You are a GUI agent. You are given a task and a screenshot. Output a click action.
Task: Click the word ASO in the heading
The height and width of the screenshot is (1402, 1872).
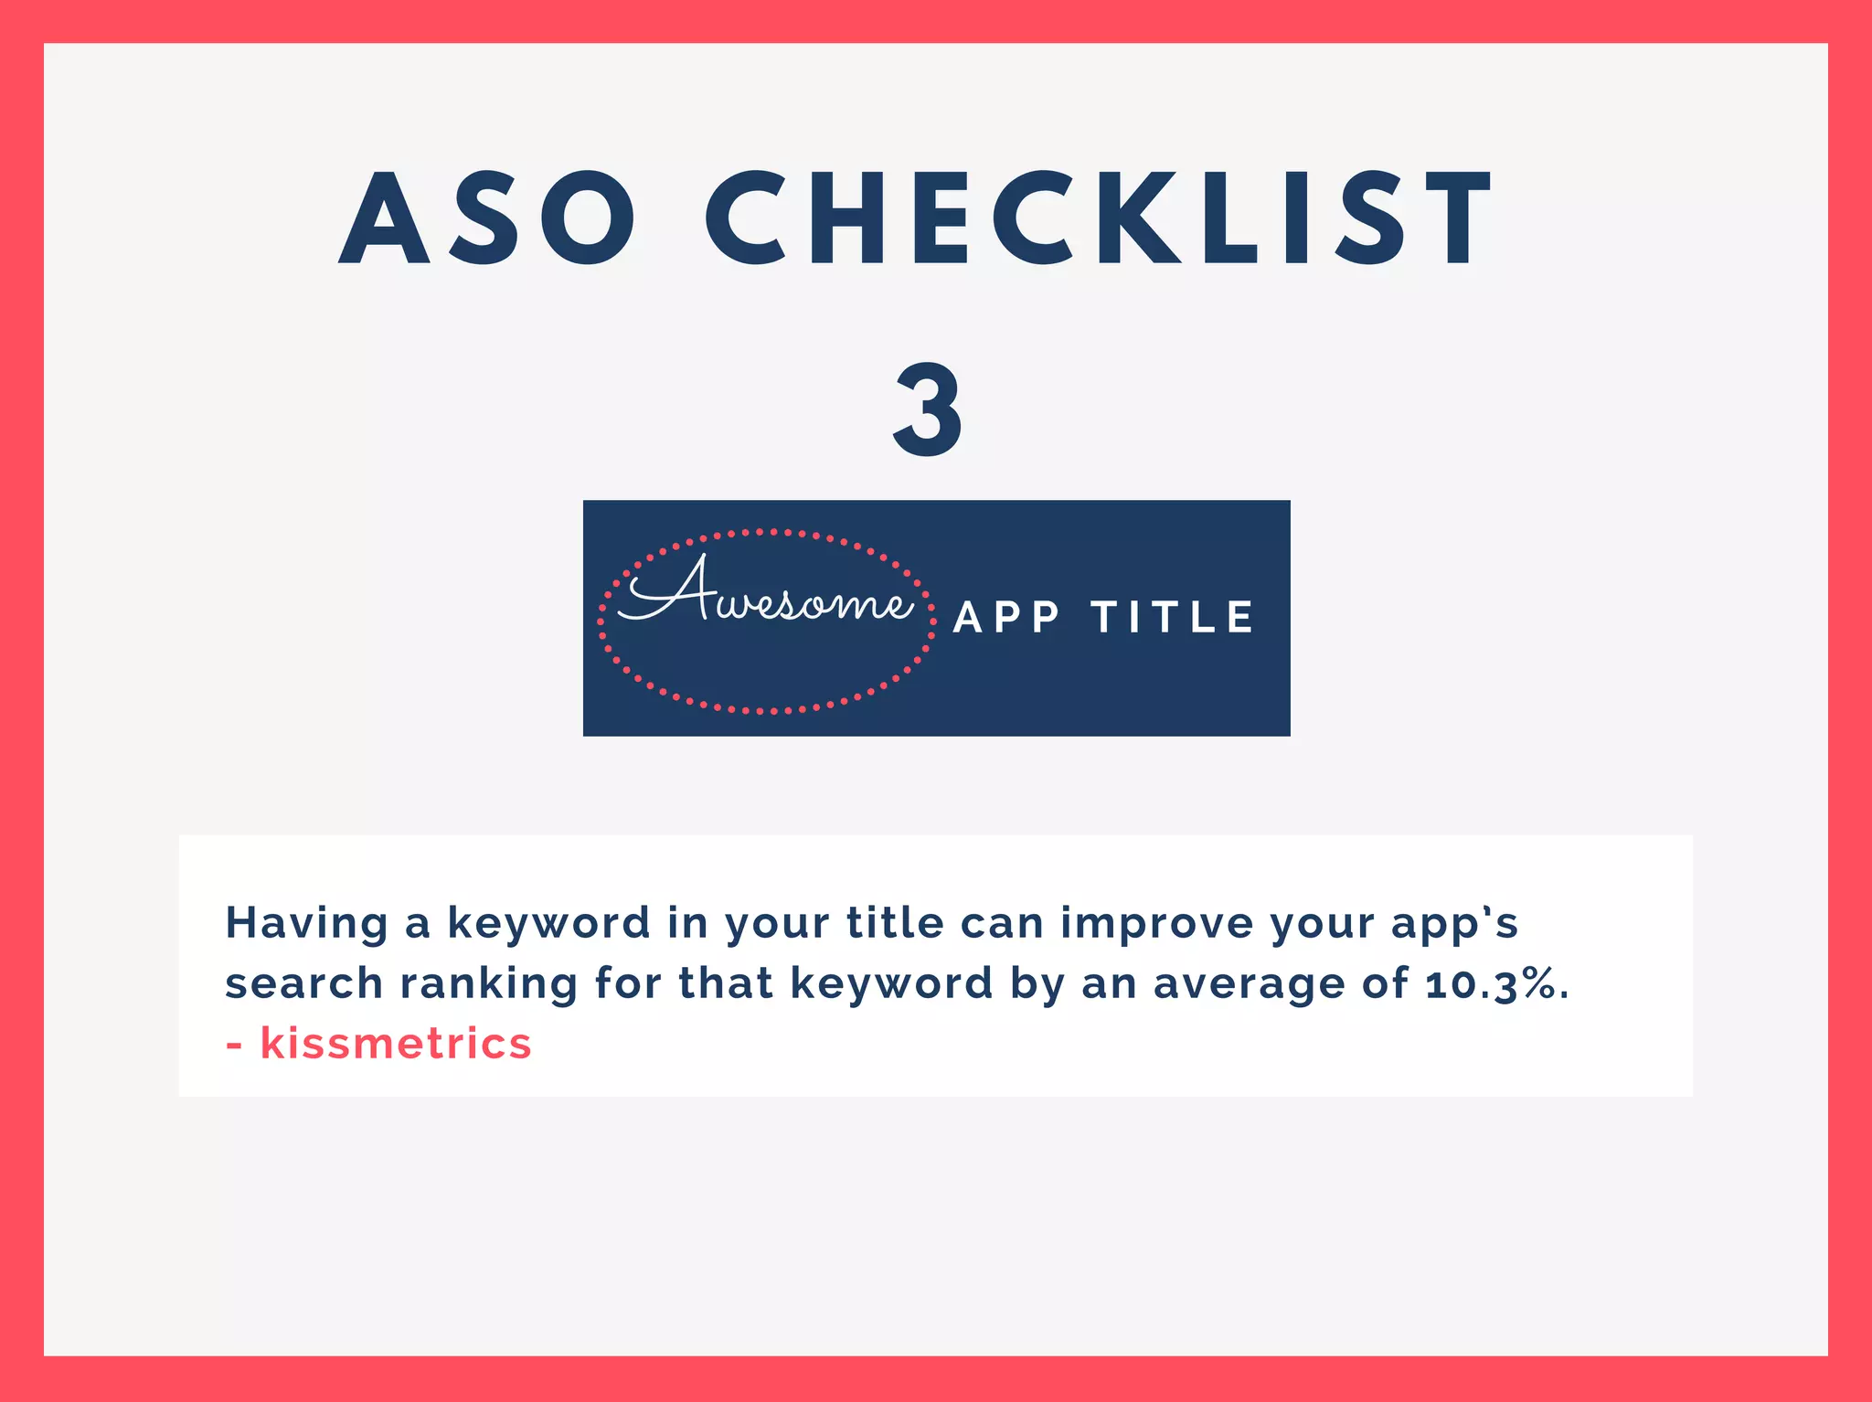click(x=486, y=219)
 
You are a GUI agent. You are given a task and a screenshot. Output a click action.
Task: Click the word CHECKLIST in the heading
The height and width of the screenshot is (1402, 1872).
click(x=1097, y=219)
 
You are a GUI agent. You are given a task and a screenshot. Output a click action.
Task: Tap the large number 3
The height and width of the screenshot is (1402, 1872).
click(x=928, y=409)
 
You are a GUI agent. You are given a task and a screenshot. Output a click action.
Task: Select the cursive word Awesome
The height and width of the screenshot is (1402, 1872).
click(x=766, y=594)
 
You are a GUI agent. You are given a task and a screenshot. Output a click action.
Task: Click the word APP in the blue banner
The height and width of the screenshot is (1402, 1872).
click(x=1006, y=618)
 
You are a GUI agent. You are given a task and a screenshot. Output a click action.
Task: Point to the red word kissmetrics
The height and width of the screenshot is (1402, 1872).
click(x=395, y=1044)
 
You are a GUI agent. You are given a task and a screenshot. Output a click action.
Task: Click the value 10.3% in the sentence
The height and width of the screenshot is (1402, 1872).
click(x=1495, y=984)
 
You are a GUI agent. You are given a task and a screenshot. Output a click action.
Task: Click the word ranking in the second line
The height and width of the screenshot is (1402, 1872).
click(x=489, y=984)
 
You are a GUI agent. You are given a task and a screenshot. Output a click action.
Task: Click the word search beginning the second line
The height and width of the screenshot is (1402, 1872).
click(x=303, y=984)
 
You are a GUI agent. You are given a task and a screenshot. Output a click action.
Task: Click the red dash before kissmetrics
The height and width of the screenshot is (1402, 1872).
click(x=234, y=1046)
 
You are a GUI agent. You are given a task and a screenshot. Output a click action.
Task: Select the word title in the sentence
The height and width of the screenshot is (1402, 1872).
click(x=894, y=922)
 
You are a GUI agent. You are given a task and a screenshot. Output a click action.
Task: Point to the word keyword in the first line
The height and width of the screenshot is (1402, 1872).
click(x=548, y=924)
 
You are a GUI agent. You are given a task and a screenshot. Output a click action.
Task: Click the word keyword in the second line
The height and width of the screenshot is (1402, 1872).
click(x=891, y=984)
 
